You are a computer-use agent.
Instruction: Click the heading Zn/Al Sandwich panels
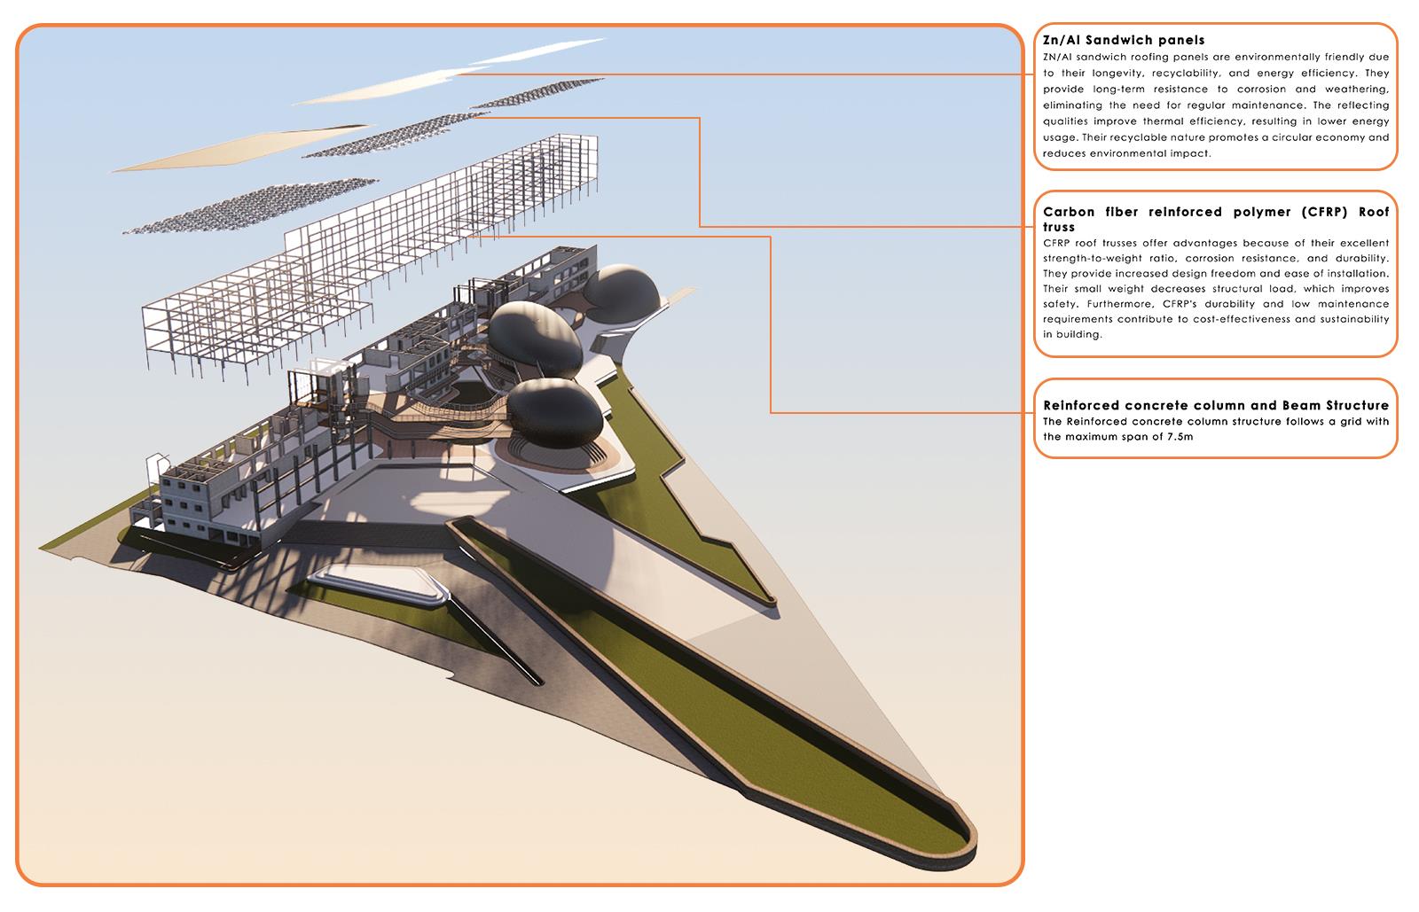pyautogui.click(x=1124, y=40)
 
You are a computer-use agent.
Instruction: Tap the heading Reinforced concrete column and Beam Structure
pyautogui.click(x=1215, y=406)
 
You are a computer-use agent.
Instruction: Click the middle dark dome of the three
pyautogui.click(x=535, y=339)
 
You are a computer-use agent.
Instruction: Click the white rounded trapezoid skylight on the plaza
pyautogui.click(x=376, y=586)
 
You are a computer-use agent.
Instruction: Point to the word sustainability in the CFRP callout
pyautogui.click(x=1343, y=319)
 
